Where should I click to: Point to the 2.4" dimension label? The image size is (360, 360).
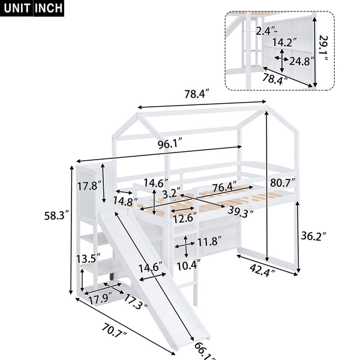[267, 30]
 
